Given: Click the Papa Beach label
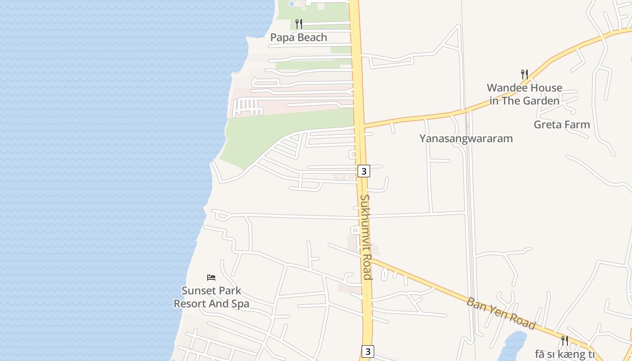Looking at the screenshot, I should (298, 37).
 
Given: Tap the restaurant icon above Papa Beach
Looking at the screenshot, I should (298, 23).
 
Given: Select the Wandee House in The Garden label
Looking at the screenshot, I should (524, 94).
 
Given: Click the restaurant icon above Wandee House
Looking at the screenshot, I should (524, 74).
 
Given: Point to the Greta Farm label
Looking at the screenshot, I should (562, 125).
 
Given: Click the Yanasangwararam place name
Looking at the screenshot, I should (466, 139).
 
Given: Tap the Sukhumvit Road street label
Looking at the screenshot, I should (366, 237).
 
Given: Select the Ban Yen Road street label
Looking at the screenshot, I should (501, 313).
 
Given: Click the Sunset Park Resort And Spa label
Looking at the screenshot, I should (211, 297).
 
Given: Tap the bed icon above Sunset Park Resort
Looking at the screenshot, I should (211, 277).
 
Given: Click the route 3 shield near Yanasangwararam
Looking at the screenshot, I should (364, 171).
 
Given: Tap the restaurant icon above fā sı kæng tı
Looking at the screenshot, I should (564, 340).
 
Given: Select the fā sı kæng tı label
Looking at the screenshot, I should (564, 354).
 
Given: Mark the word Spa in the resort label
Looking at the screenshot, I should (240, 304).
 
